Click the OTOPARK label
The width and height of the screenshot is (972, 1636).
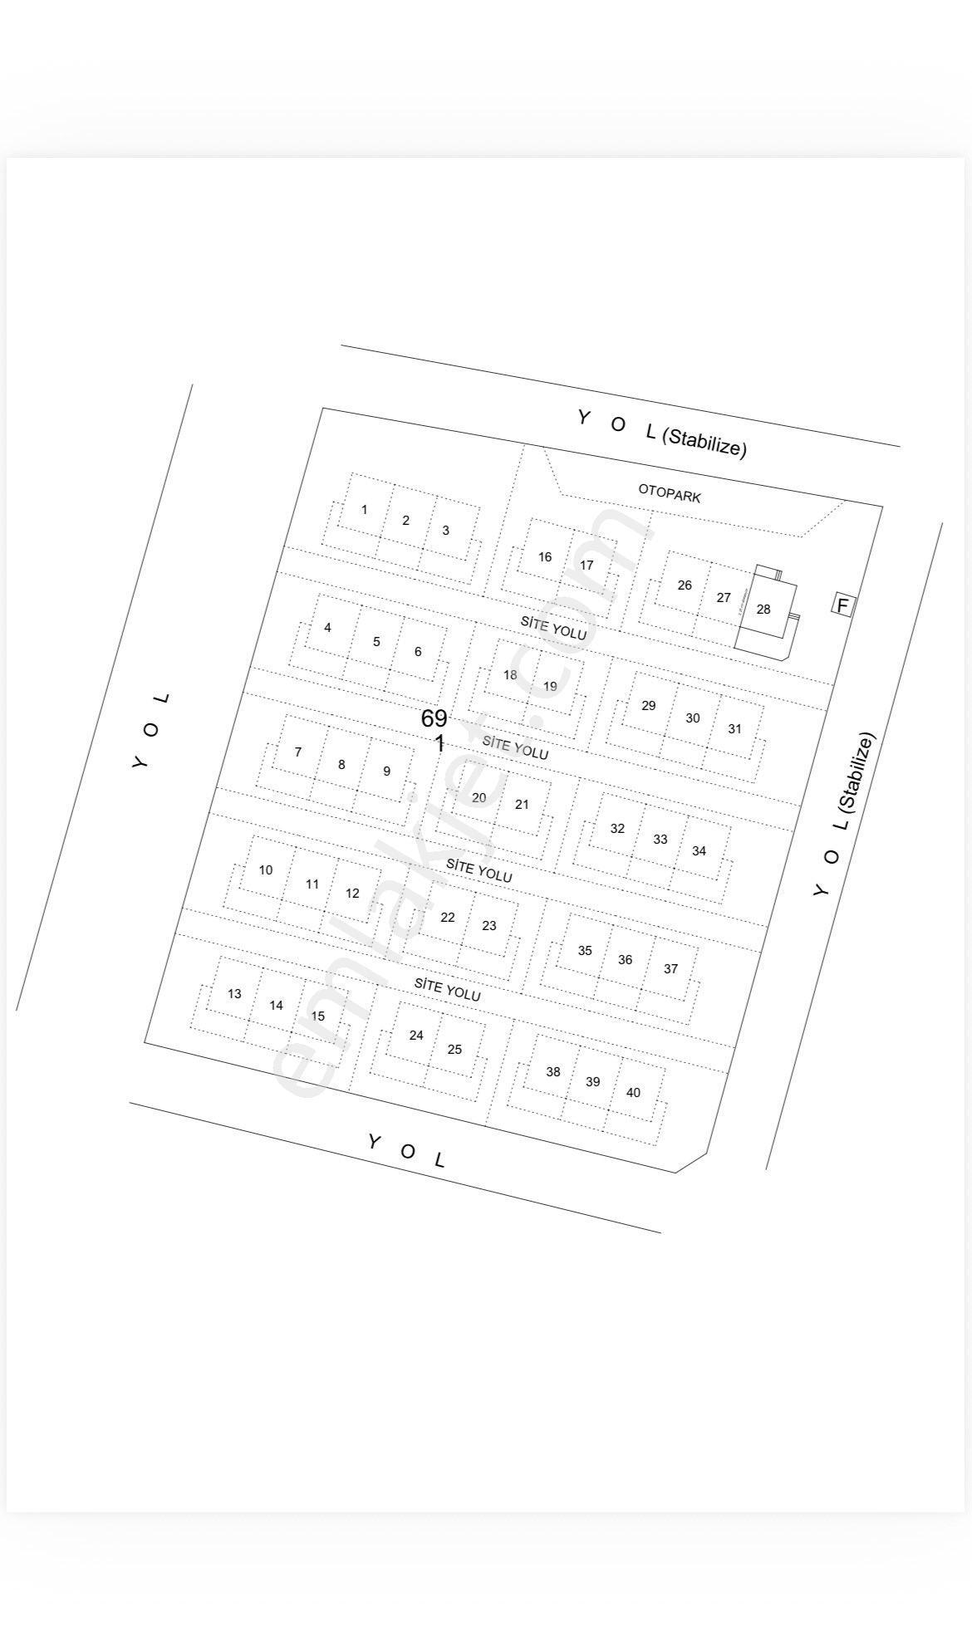point(670,493)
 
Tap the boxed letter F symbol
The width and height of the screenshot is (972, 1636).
point(842,605)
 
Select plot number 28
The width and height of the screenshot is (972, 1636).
point(763,609)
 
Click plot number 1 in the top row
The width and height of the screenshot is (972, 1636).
point(364,509)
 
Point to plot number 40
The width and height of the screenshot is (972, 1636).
point(633,1092)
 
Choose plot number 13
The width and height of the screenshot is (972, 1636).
point(234,993)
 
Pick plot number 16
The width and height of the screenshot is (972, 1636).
point(545,556)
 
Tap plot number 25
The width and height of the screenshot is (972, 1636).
point(454,1049)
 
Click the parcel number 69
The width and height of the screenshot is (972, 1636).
point(434,718)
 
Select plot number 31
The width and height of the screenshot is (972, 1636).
point(734,728)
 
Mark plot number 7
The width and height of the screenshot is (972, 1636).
point(298,752)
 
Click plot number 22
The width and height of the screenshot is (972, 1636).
point(448,917)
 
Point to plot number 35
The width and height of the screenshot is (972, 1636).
point(585,950)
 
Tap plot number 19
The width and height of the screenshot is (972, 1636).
point(550,686)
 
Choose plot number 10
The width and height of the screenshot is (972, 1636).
point(266,869)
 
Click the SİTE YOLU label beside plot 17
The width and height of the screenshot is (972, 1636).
point(553,627)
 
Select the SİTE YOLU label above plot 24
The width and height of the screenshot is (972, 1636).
point(448,989)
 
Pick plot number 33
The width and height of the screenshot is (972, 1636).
point(660,839)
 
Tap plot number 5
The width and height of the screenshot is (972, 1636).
point(376,641)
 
